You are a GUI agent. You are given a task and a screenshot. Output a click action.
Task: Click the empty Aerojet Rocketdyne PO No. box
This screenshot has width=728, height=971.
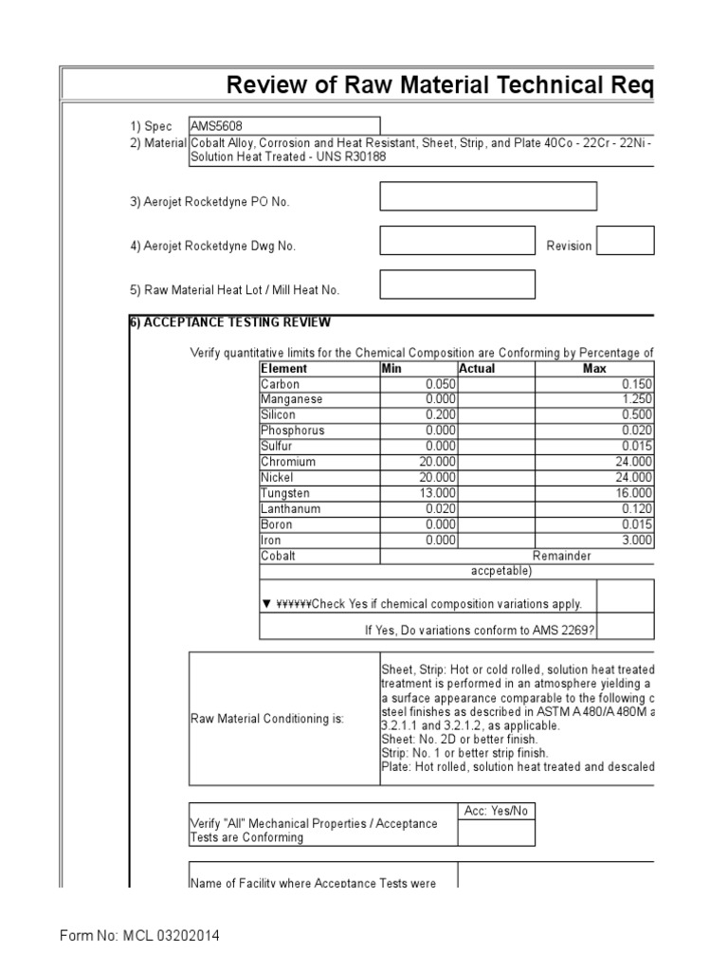[488, 196]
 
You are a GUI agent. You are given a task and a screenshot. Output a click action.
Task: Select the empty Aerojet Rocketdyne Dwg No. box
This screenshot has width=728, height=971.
[457, 241]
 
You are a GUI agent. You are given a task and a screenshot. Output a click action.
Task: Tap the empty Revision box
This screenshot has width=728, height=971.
[626, 241]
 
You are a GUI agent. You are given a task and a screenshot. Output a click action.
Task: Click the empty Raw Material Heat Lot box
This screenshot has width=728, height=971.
[457, 284]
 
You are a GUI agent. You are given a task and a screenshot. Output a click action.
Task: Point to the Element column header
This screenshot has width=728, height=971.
[284, 369]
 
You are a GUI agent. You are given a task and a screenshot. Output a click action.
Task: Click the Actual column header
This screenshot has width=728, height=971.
[477, 369]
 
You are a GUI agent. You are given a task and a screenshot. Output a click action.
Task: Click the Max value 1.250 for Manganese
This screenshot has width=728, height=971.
[635, 399]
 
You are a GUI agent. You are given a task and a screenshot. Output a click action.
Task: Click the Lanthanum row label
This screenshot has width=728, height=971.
[290, 509]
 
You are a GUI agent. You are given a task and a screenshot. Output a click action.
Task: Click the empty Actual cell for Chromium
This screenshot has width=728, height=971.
[496, 462]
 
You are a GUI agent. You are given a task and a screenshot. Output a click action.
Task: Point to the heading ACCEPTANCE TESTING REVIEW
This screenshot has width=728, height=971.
[236, 322]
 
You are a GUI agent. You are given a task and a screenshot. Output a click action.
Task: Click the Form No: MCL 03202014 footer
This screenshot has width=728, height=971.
[139, 936]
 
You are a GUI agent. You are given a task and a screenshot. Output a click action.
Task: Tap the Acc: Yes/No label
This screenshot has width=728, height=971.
[496, 811]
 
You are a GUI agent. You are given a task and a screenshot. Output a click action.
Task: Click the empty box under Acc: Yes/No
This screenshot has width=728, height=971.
[496, 833]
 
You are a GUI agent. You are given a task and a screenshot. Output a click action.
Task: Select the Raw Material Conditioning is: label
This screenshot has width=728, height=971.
[267, 719]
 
